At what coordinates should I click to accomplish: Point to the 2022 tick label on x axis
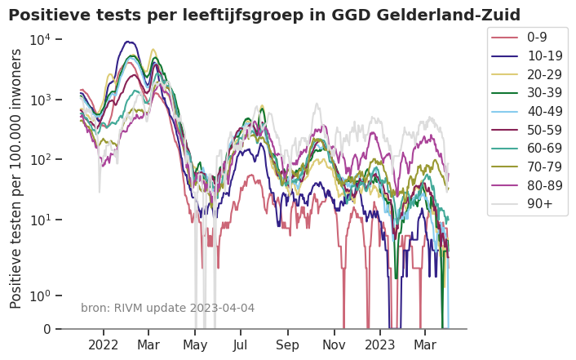pos(104,344)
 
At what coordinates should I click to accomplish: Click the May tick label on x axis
pos(195,344)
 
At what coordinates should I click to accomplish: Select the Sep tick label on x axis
pos(288,344)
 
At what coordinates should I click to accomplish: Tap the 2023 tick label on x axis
pos(380,344)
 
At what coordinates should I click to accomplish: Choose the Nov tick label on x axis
pos(335,344)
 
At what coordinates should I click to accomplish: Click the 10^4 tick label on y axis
pos(42,39)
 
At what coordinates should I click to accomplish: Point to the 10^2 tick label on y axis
pos(42,159)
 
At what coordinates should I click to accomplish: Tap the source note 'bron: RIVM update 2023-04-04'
pos(167,308)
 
